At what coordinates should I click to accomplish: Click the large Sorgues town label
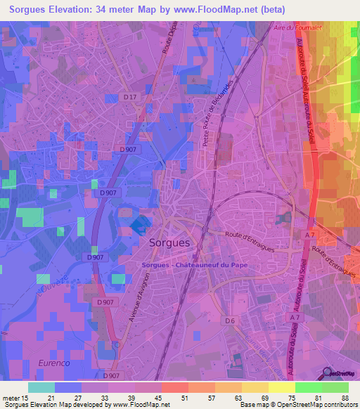pyautogui.click(x=169, y=242)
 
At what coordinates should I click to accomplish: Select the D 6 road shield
pyautogui.click(x=229, y=321)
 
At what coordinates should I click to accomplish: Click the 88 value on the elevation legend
pyautogui.click(x=345, y=398)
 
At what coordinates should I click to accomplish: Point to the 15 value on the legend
pyautogui.click(x=25, y=398)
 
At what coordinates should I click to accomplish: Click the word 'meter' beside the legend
pyautogui.click(x=11, y=398)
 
